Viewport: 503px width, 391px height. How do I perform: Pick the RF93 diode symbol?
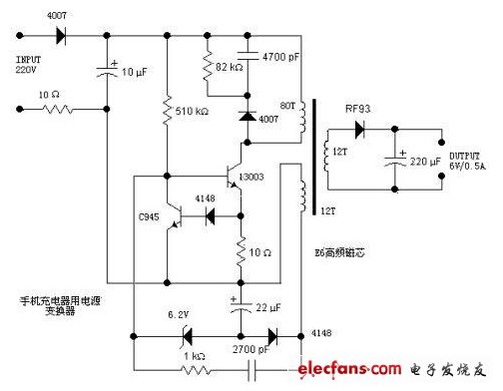click(358, 129)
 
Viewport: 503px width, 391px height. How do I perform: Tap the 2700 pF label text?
click(245, 352)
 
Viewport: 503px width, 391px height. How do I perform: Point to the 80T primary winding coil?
click(300, 125)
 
